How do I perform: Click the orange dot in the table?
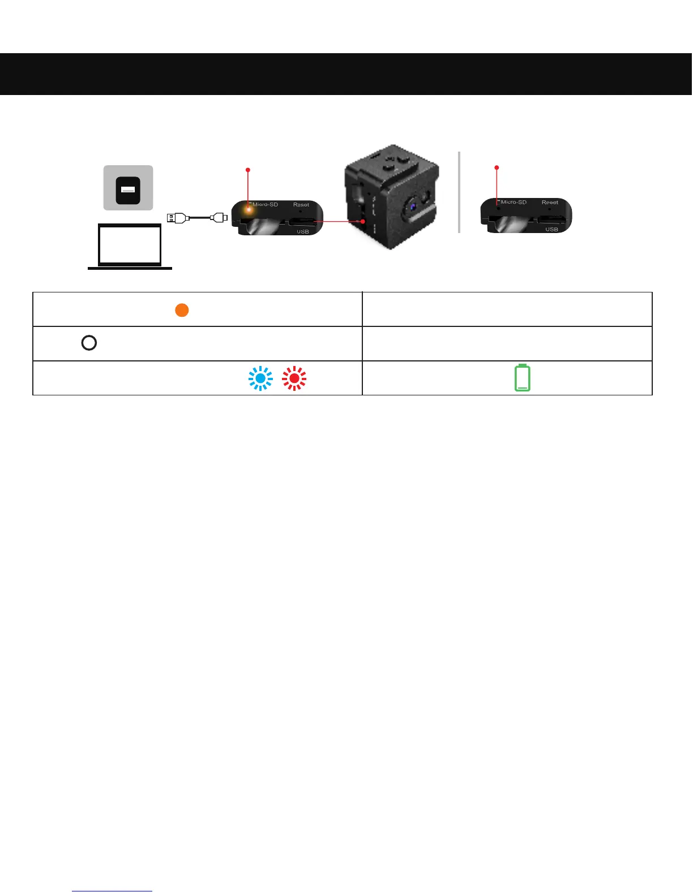click(x=182, y=310)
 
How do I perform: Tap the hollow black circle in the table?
click(x=89, y=343)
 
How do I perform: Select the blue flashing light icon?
click(x=260, y=378)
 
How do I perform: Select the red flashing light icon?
click(x=294, y=378)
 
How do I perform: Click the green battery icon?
click(x=523, y=378)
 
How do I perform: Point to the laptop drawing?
click(x=130, y=246)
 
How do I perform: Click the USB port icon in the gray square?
click(x=128, y=191)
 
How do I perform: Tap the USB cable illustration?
click(x=197, y=217)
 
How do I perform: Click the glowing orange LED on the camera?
click(x=248, y=209)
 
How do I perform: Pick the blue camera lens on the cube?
click(x=413, y=206)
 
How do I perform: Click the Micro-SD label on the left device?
click(x=265, y=204)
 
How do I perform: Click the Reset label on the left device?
click(x=301, y=204)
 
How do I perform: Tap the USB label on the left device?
click(x=303, y=231)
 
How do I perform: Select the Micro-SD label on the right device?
click(x=514, y=202)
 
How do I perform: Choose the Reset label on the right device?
click(x=550, y=202)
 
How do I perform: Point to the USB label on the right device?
click(x=551, y=229)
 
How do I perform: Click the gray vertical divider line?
click(x=459, y=192)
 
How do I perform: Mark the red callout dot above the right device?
click(x=497, y=167)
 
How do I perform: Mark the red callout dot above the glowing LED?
click(x=247, y=169)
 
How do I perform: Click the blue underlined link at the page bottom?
click(x=112, y=891)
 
